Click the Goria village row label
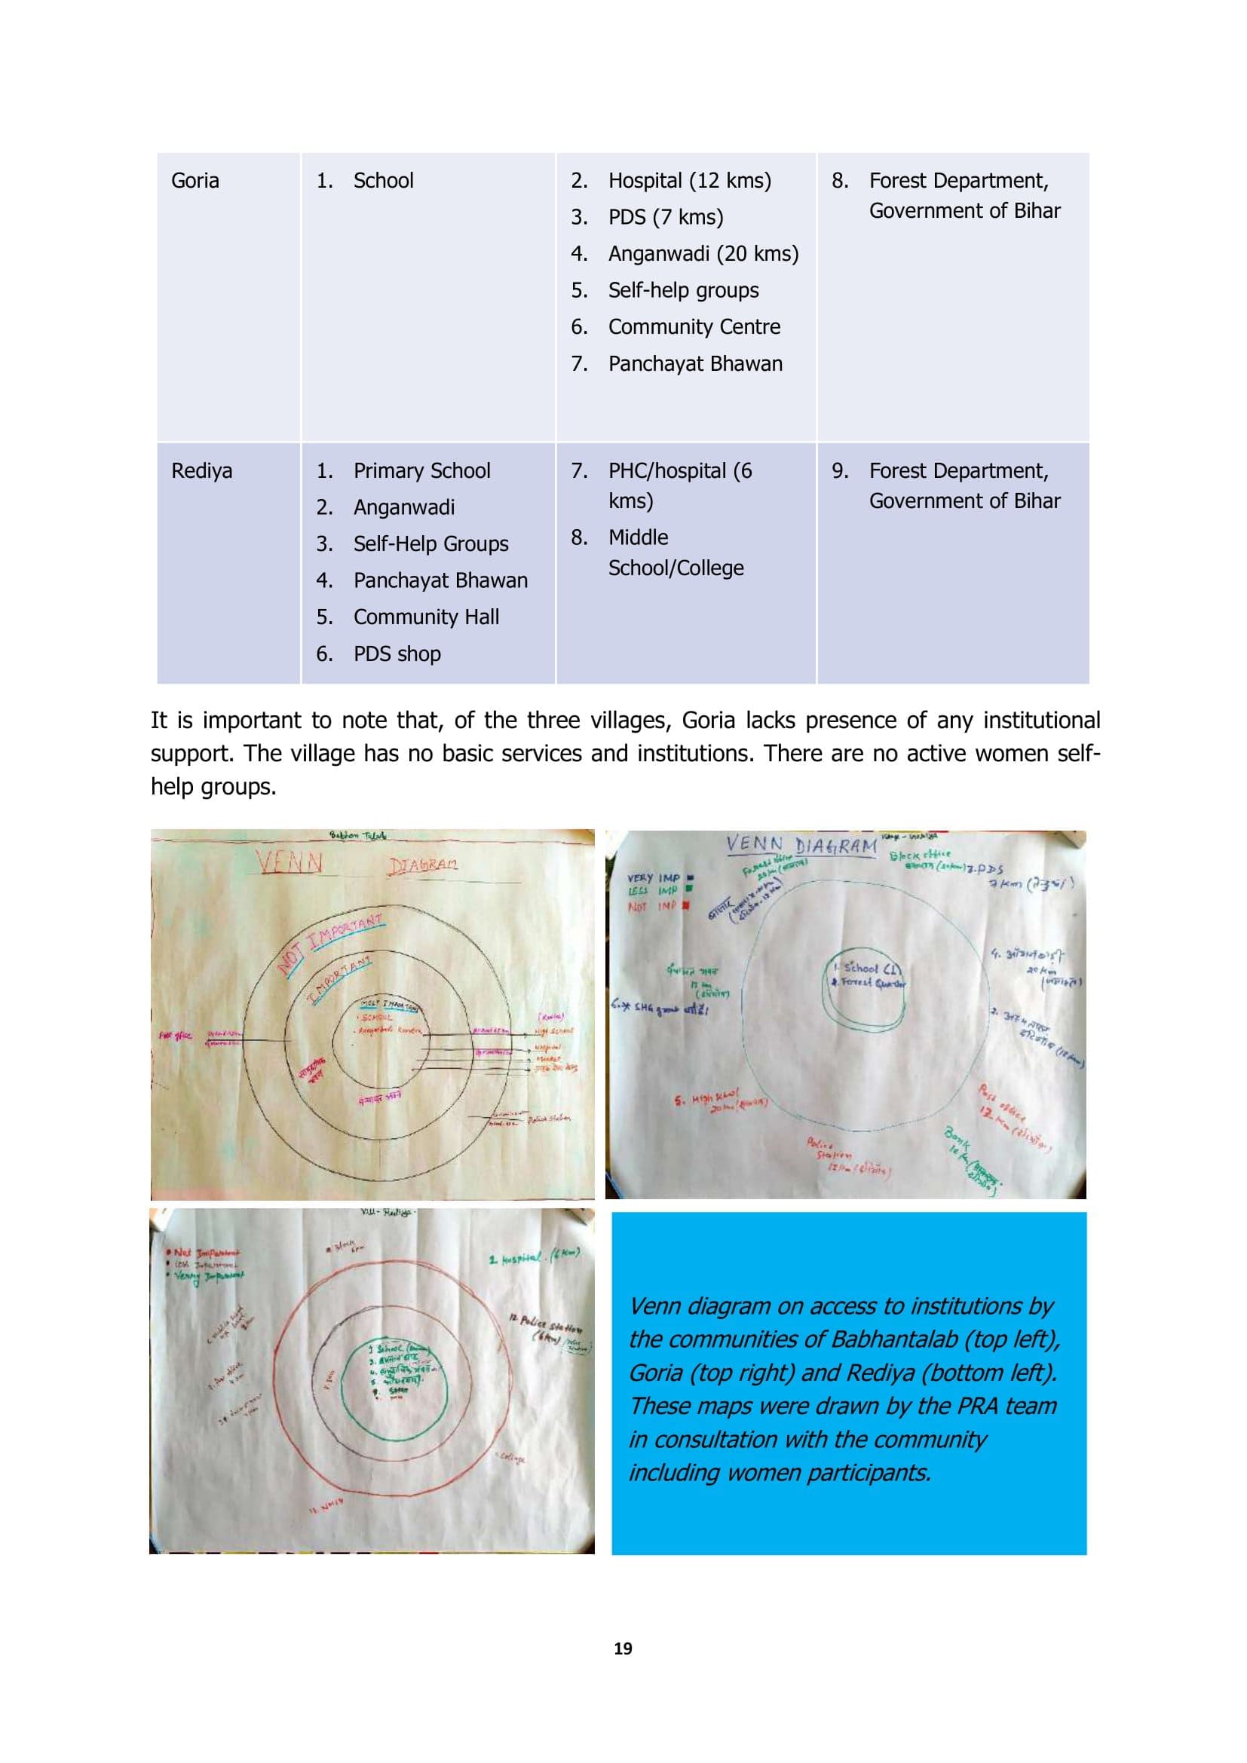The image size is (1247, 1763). [x=195, y=181]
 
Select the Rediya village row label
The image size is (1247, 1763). [x=201, y=470]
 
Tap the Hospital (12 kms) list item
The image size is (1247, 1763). [x=689, y=181]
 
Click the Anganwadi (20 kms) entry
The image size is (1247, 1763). [x=703, y=254]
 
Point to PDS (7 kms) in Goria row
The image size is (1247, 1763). [x=665, y=217]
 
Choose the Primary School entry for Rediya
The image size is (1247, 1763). [x=421, y=470]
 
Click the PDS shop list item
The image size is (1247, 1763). [x=397, y=654]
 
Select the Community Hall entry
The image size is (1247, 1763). [x=426, y=617]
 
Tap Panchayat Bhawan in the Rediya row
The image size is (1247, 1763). [x=440, y=580]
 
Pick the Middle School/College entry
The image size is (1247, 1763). [x=675, y=552]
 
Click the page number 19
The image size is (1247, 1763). [x=623, y=1648]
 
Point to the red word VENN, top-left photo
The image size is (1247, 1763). [x=290, y=865]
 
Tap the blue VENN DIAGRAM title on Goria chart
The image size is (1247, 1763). [x=801, y=846]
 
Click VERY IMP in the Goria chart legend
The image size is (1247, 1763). [x=654, y=877]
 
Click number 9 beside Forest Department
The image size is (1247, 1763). [x=840, y=470]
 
